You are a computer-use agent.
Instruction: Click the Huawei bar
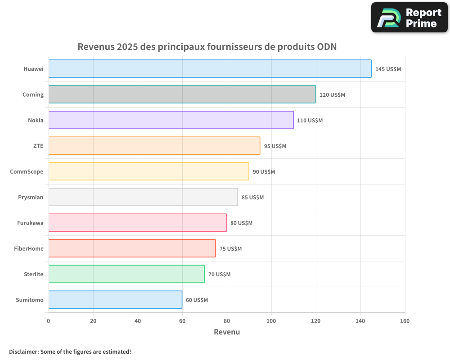point(210,69)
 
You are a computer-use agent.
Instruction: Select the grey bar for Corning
point(182,94)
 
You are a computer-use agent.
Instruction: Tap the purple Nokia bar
point(171,120)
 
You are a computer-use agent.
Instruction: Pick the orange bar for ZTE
point(154,146)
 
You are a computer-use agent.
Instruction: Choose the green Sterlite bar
point(126,274)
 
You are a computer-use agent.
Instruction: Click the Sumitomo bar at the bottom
point(115,300)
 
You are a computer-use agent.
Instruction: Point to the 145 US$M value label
point(388,69)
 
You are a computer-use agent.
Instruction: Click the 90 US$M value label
point(264,172)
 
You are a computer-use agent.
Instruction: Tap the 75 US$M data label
point(230,249)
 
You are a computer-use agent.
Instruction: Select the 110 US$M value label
point(310,121)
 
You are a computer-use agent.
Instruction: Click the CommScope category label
point(27,171)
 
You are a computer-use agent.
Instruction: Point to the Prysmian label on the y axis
point(31,197)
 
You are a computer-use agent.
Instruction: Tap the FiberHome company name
point(29,248)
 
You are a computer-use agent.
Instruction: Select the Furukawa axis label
point(30,223)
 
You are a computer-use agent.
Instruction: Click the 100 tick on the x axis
point(271,321)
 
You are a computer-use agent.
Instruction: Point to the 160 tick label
point(405,321)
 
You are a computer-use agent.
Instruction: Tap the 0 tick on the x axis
point(49,321)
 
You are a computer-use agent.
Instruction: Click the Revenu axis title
point(226,332)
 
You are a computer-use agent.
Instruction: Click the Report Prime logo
point(409,18)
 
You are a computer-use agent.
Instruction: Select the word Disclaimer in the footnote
point(23,352)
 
